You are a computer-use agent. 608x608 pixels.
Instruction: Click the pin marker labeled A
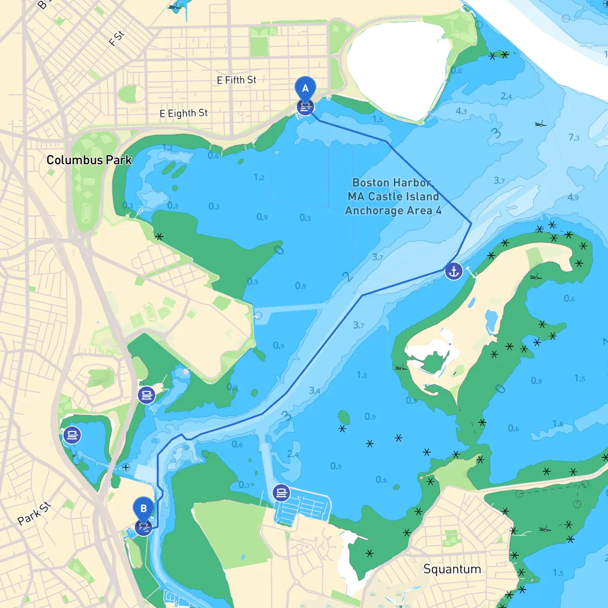coord(305,88)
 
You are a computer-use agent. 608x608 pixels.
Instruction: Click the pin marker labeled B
coord(143,509)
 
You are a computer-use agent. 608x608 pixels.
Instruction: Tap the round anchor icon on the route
coord(454,271)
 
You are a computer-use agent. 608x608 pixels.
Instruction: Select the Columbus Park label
coord(89,160)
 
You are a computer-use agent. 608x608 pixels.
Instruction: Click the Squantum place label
coord(452,569)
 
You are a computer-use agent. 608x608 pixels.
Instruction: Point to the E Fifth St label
coord(236,80)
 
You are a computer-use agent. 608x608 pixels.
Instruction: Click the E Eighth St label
coord(183,114)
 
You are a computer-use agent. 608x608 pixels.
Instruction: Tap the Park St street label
coord(34,513)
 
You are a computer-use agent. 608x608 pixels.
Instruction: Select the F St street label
coord(116,38)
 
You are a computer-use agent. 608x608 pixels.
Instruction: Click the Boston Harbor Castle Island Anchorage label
coord(393,197)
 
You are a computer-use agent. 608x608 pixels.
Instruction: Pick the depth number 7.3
coord(574,138)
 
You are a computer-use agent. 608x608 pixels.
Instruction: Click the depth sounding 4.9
coord(573,197)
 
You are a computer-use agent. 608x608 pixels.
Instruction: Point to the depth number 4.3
coord(461,111)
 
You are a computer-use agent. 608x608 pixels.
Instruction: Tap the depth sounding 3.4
coord(314,390)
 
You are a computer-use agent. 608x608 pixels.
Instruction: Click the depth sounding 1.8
coord(558,423)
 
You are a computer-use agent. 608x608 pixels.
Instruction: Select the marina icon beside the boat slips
coord(281,493)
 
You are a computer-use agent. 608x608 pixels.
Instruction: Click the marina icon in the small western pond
coord(72,435)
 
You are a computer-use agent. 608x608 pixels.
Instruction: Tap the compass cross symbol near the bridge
coord(126,467)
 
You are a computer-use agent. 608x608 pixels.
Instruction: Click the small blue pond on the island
coord(491,322)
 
